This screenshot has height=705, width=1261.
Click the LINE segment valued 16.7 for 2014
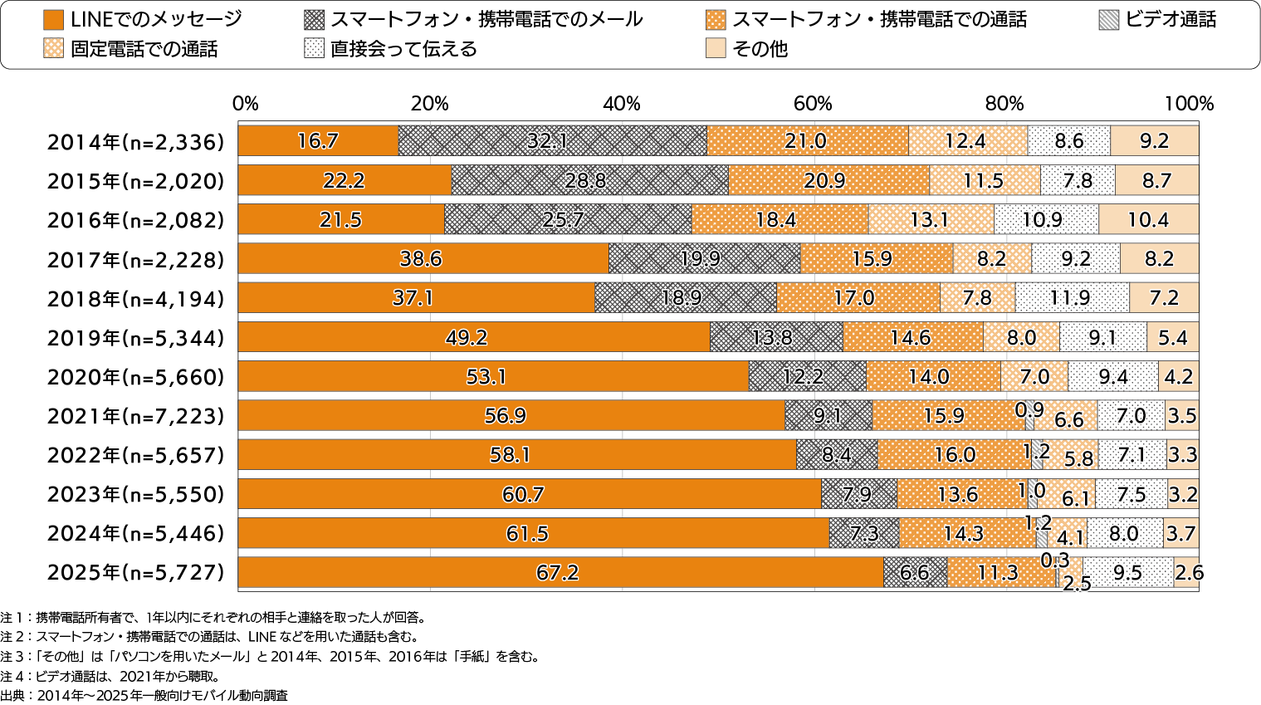(318, 141)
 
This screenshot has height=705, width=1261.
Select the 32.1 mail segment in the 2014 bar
(552, 141)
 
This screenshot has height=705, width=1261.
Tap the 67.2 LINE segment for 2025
(560, 573)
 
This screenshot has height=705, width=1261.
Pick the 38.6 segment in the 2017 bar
(423, 259)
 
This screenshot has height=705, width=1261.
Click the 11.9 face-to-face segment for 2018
(1072, 298)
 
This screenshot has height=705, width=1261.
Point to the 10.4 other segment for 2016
(1148, 220)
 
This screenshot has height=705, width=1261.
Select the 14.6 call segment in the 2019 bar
(912, 338)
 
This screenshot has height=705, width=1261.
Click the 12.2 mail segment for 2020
(807, 377)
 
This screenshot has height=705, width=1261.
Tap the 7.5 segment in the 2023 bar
(1131, 495)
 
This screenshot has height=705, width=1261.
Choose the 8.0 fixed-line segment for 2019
(1021, 338)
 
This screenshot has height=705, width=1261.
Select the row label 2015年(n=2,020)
(135, 182)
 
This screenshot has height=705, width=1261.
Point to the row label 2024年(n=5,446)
(135, 534)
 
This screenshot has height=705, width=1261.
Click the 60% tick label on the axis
(812, 104)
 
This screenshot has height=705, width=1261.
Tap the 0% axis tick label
(246, 104)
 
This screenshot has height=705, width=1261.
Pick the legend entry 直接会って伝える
(403, 49)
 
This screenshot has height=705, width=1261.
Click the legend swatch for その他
(716, 49)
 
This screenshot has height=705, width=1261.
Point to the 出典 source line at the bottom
(144, 696)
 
